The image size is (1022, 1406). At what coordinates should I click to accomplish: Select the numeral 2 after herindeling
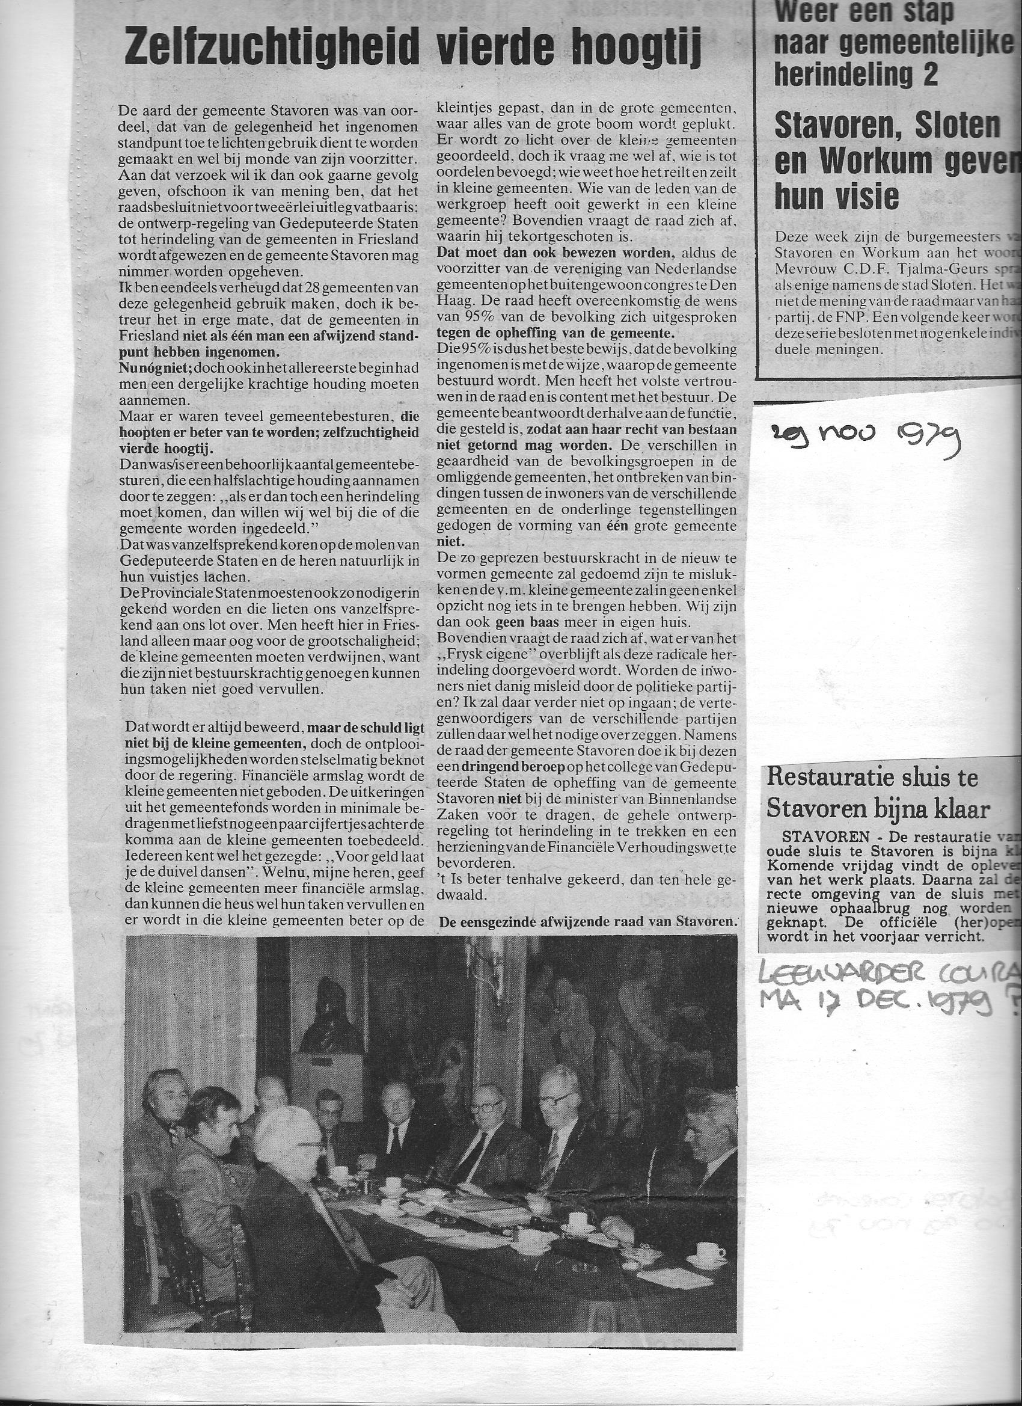coord(929,75)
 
